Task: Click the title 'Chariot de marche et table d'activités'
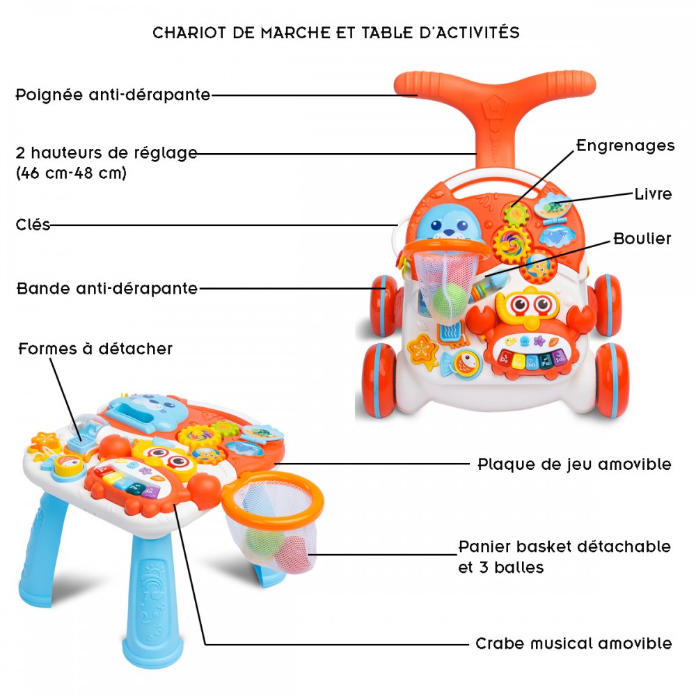(336, 33)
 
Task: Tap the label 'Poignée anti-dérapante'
(113, 95)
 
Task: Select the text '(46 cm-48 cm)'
(71, 173)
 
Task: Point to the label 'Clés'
(33, 224)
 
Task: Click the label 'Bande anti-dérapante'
(107, 289)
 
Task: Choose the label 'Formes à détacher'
(95, 349)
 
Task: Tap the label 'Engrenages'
(626, 145)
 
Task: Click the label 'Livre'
(653, 194)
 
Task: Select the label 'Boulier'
(642, 239)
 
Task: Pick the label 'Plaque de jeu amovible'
(574, 464)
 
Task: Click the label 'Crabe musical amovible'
(574, 643)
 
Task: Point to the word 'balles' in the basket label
(519, 567)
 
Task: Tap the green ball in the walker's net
(448, 300)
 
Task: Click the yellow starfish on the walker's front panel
(423, 351)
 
